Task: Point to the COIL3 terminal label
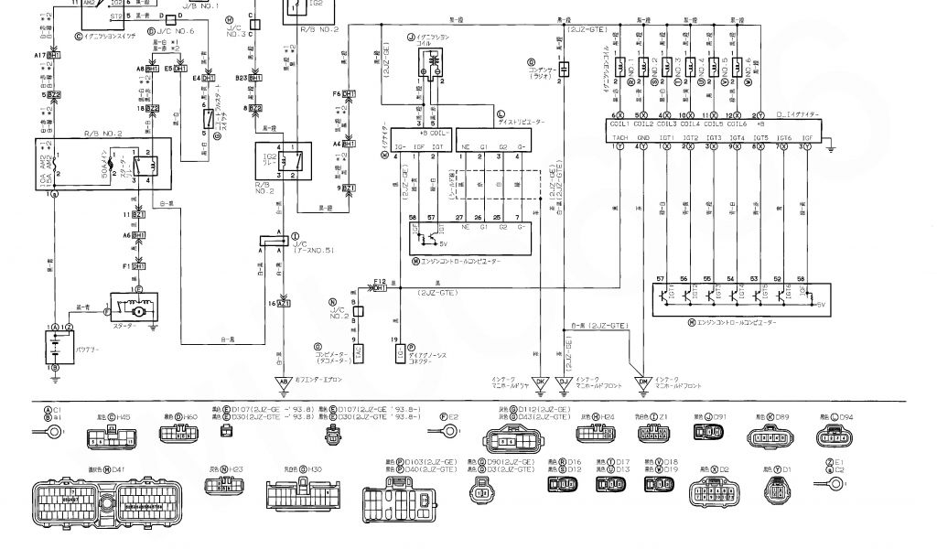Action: (x=666, y=124)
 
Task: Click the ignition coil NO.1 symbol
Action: (x=620, y=69)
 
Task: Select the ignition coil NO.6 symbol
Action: (x=749, y=69)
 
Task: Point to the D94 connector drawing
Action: (x=836, y=435)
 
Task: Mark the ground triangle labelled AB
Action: (x=284, y=380)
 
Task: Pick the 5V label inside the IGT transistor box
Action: (x=820, y=303)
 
